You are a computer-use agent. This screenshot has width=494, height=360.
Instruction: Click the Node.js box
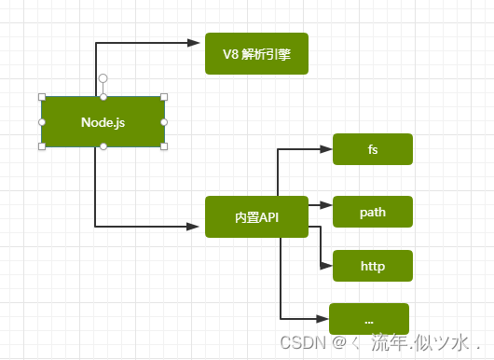(103, 122)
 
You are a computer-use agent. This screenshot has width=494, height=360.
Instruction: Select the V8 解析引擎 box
(256, 54)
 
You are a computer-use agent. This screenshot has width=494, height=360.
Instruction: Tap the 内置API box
(256, 216)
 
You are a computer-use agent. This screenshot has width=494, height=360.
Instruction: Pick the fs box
(373, 149)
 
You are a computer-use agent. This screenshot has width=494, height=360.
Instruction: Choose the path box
(373, 212)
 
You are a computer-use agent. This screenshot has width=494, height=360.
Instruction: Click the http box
(373, 265)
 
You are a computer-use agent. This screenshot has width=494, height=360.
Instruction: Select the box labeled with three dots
(369, 319)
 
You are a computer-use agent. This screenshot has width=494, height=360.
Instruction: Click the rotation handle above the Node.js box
(103, 78)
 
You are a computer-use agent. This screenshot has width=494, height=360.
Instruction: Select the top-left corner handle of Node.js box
(42, 97)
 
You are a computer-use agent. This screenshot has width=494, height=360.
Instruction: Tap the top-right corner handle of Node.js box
(164, 97)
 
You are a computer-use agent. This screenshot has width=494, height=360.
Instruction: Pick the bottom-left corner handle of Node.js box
(42, 146)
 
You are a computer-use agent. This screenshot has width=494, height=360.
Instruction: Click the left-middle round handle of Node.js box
(42, 122)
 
